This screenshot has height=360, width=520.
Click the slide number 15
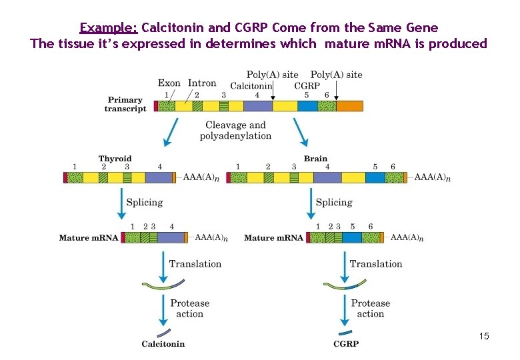point(484,337)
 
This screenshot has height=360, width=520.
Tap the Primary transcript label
point(125,105)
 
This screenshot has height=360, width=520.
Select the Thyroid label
point(115,159)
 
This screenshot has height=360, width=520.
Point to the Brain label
point(315,159)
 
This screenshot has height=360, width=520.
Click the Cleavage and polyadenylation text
point(235,130)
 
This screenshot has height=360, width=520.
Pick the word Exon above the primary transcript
point(169,83)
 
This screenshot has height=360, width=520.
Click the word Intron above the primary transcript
point(202,83)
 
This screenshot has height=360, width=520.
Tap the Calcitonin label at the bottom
point(163,344)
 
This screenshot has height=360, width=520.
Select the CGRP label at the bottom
point(346,344)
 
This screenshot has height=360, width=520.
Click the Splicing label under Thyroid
point(144,202)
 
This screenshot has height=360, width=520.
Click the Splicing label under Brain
point(333,202)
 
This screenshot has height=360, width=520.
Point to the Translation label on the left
point(195,264)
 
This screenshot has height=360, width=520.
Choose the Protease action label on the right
point(370,308)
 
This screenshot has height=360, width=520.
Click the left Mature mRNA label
point(88,237)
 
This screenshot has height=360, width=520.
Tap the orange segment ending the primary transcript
point(349,106)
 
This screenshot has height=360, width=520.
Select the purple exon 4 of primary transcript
point(258,106)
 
